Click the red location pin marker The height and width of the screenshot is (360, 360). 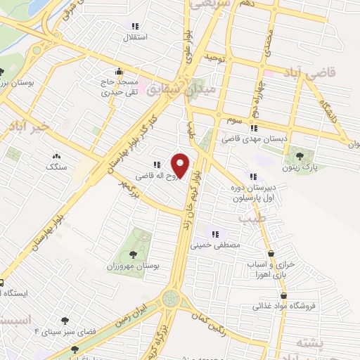tap(181, 165)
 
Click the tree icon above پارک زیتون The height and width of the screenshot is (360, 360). tap(300, 155)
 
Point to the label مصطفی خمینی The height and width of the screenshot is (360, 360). tap(217, 246)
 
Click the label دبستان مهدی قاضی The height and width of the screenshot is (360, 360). tap(256, 139)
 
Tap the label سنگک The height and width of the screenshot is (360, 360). tap(56, 167)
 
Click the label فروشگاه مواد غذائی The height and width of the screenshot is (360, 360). tap(285, 306)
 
